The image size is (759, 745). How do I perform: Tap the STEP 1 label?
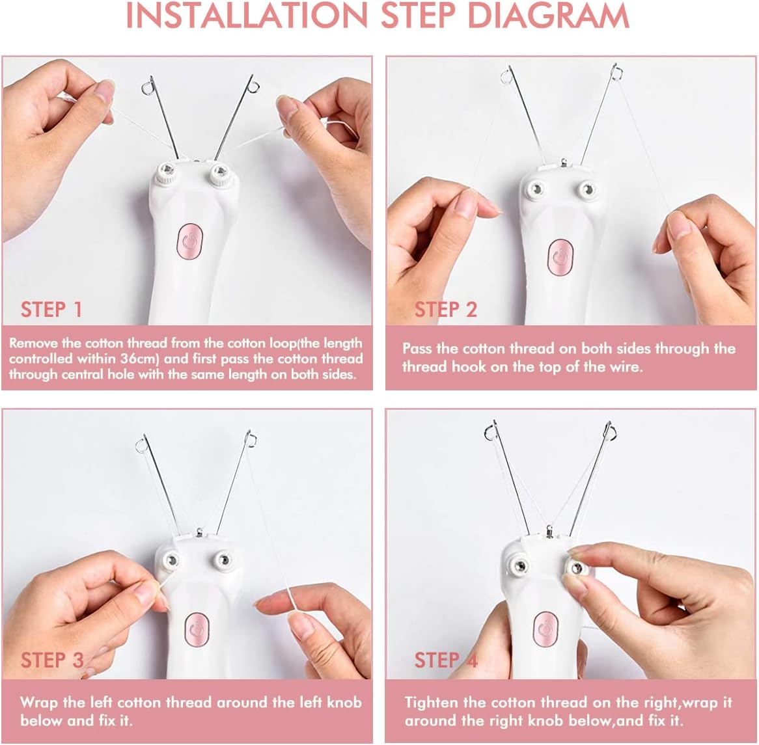(51, 310)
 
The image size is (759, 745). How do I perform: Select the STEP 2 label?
(446, 310)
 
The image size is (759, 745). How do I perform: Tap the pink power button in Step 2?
(560, 258)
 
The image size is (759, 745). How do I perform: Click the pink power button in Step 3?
(197, 629)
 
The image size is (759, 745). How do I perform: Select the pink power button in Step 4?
(546, 629)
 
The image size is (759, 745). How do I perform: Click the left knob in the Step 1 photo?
(167, 172)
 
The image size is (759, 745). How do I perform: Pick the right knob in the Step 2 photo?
(587, 189)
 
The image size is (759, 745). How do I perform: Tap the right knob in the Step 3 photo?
(223, 560)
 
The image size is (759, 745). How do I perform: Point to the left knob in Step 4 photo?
(520, 565)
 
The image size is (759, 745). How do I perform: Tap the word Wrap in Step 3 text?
(39, 703)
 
